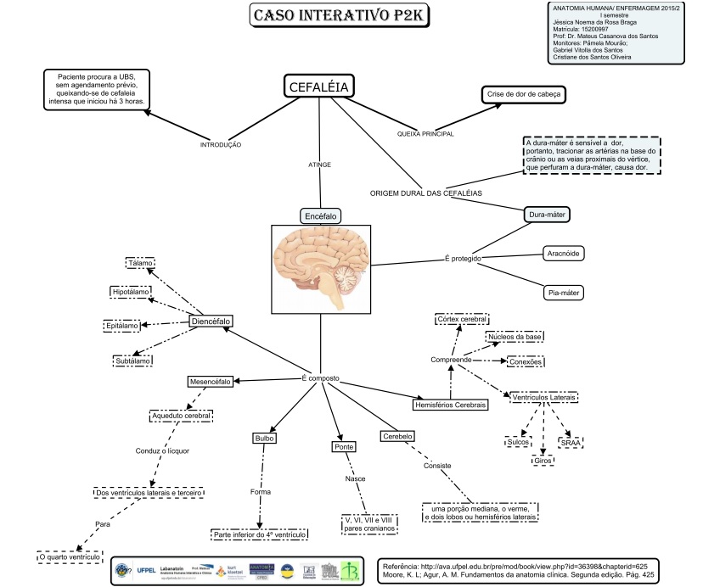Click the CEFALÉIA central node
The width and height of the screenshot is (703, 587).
click(x=319, y=87)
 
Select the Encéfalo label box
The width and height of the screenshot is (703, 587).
click(x=321, y=216)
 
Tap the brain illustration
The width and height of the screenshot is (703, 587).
click(x=321, y=269)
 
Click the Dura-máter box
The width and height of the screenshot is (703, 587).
click(x=547, y=215)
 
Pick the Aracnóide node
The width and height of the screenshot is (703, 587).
click(x=564, y=253)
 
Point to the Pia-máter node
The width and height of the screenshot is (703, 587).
click(x=563, y=293)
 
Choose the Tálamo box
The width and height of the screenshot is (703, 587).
click(x=140, y=263)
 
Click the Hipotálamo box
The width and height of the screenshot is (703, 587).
click(x=131, y=293)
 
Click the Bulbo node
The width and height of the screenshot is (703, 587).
click(x=264, y=439)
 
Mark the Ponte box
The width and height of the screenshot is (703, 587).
click(x=344, y=446)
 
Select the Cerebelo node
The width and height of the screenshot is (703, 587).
click(x=397, y=436)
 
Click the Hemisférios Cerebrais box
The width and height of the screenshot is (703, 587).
click(x=450, y=405)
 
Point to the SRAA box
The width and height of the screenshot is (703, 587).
click(x=570, y=442)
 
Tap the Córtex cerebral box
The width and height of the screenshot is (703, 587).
click(x=461, y=320)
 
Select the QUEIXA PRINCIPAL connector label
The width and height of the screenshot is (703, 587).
click(x=425, y=134)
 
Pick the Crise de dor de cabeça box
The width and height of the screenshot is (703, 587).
click(x=523, y=94)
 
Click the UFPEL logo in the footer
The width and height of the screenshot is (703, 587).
click(x=146, y=570)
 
